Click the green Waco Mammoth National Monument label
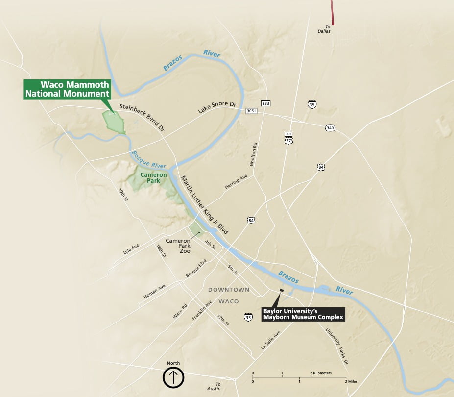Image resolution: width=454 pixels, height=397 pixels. [68, 89]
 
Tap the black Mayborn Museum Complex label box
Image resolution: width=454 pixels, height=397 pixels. [303, 314]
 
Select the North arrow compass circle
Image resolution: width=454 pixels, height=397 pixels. [173, 378]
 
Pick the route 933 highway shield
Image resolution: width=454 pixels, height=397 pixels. [265, 103]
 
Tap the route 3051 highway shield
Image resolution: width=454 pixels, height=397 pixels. [252, 111]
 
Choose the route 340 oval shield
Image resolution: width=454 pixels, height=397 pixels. [330, 128]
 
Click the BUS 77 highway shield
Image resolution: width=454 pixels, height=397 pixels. [288, 137]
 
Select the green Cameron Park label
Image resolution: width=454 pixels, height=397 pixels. [153, 177]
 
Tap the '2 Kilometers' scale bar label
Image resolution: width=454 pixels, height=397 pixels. [321, 373]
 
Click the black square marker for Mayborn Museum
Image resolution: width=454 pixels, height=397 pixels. [282, 291]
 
